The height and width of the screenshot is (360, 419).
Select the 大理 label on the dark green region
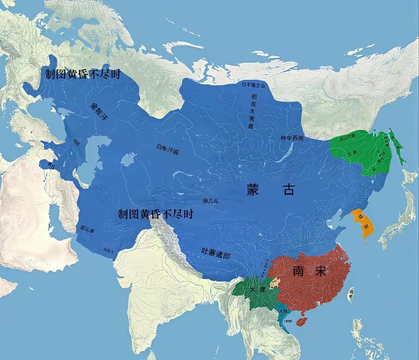click(x=257, y=290)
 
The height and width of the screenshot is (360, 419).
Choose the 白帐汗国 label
click(x=168, y=149)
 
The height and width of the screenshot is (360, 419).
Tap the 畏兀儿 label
click(x=211, y=201)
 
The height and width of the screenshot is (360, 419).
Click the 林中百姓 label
click(x=292, y=138)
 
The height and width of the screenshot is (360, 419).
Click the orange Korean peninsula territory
click(x=364, y=223)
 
